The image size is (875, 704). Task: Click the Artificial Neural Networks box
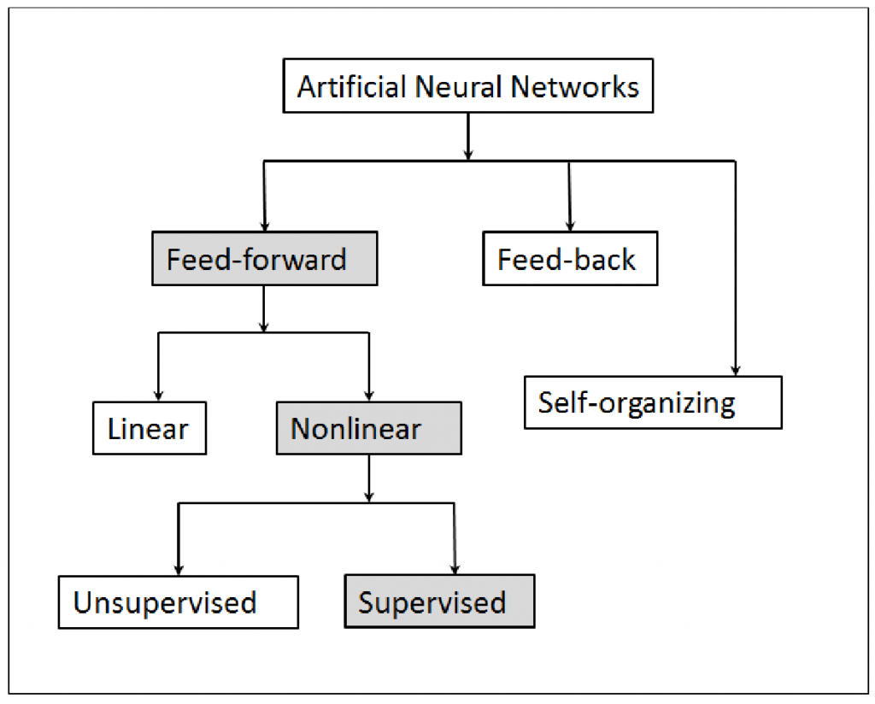pyautogui.click(x=467, y=87)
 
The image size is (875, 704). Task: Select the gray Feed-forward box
pyautogui.click(x=263, y=259)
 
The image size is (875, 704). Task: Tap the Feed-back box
pyautogui.click(x=569, y=259)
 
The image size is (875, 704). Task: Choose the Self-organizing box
pyautogui.click(x=652, y=402)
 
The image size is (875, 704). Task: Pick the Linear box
pyautogui.click(x=150, y=429)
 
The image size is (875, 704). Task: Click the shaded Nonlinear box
pyautogui.click(x=368, y=429)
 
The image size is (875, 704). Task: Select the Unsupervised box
pyautogui.click(x=179, y=602)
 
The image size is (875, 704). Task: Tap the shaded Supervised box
pyautogui.click(x=439, y=602)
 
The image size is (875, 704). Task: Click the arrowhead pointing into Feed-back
pyautogui.click(x=569, y=226)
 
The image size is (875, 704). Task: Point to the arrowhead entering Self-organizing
pyautogui.click(x=736, y=371)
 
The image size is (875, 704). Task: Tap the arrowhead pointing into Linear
pyautogui.click(x=158, y=396)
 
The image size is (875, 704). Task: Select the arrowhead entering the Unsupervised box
pyautogui.click(x=179, y=569)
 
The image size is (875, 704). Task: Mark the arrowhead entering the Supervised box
pyautogui.click(x=454, y=569)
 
